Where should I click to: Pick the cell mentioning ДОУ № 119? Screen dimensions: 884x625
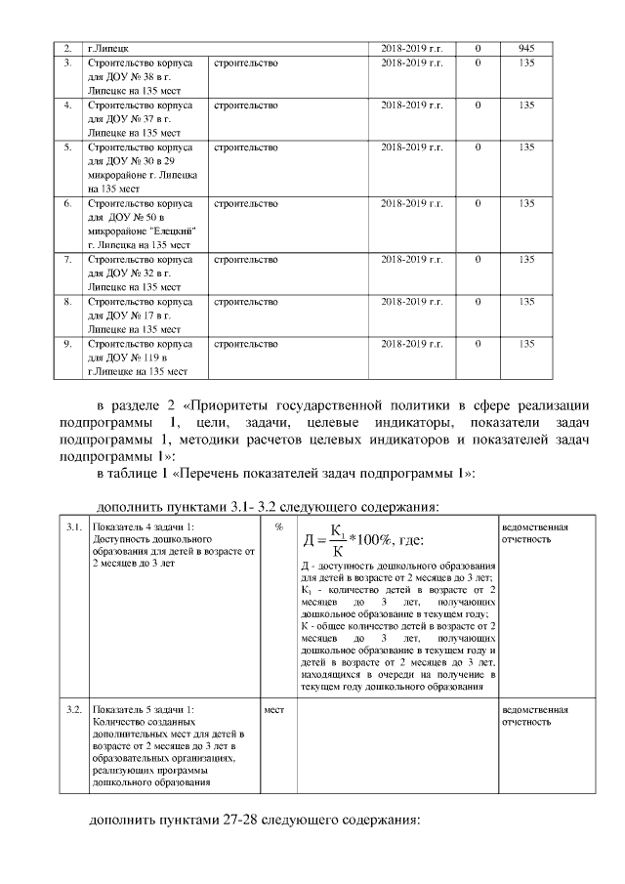140,358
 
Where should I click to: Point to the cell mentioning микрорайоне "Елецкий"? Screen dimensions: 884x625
140,224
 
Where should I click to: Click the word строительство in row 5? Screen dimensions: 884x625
245,147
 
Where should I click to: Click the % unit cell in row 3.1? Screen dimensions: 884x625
279,527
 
